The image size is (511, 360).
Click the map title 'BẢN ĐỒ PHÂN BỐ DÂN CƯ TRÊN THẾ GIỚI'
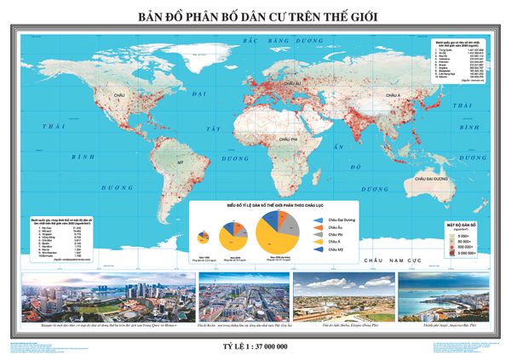click(x=255, y=16)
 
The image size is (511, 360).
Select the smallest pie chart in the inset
click(x=204, y=237)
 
